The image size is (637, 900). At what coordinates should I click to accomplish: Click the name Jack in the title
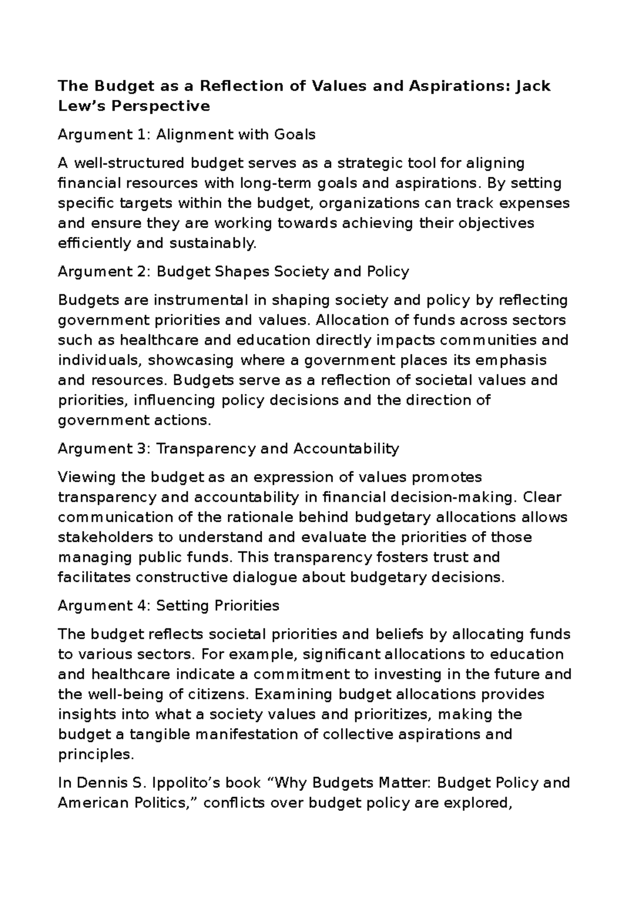[x=532, y=85]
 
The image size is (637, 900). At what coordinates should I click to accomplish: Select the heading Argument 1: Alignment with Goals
[x=186, y=135]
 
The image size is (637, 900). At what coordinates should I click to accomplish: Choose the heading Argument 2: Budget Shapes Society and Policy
[x=233, y=272]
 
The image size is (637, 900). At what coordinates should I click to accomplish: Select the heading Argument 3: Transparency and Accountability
[x=228, y=449]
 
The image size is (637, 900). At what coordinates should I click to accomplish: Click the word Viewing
[x=87, y=477]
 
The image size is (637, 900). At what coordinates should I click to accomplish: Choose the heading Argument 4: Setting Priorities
[x=168, y=606]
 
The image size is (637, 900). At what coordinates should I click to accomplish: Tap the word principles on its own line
[x=93, y=755]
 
